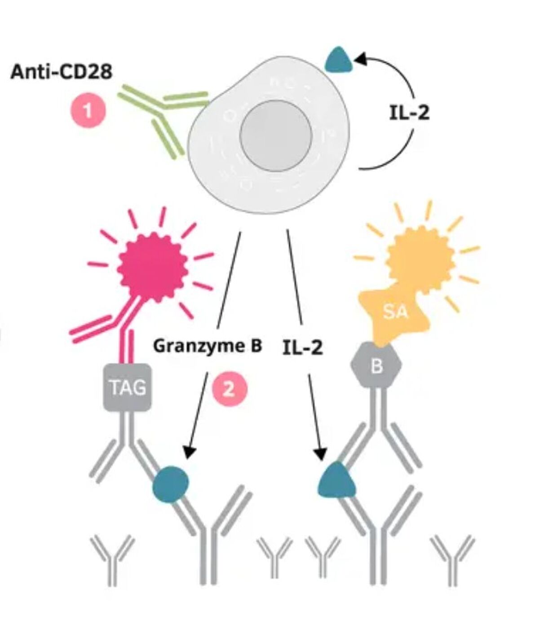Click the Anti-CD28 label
pos(62,72)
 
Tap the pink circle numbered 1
pos(88,110)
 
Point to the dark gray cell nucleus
pos(276,136)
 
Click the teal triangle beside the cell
pos(339,61)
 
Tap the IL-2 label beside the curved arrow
pos(409,113)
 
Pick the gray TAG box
pos(128,387)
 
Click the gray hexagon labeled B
pos(376,365)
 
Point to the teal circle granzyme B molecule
pos(171,484)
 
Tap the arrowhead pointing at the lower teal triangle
pos(320,454)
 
